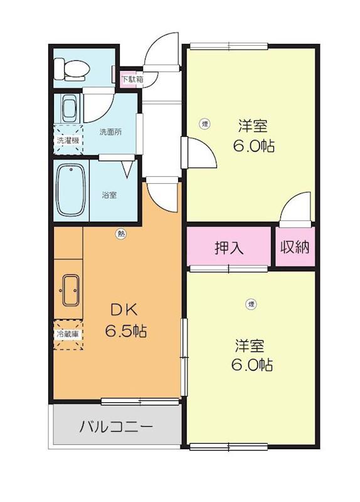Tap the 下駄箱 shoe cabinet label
point(132,79)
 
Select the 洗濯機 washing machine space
point(68,139)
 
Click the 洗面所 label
point(110,132)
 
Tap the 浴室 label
point(109,195)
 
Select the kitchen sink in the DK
point(70,291)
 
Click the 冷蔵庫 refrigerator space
point(68,334)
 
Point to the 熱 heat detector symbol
point(120,233)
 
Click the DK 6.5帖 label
point(126,320)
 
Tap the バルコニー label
point(116,427)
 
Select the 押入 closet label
point(229,247)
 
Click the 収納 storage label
point(295,247)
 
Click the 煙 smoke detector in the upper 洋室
point(205,124)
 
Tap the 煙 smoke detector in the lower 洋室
point(251,304)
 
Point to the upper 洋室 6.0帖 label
point(253,136)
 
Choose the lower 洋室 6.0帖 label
point(252,355)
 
